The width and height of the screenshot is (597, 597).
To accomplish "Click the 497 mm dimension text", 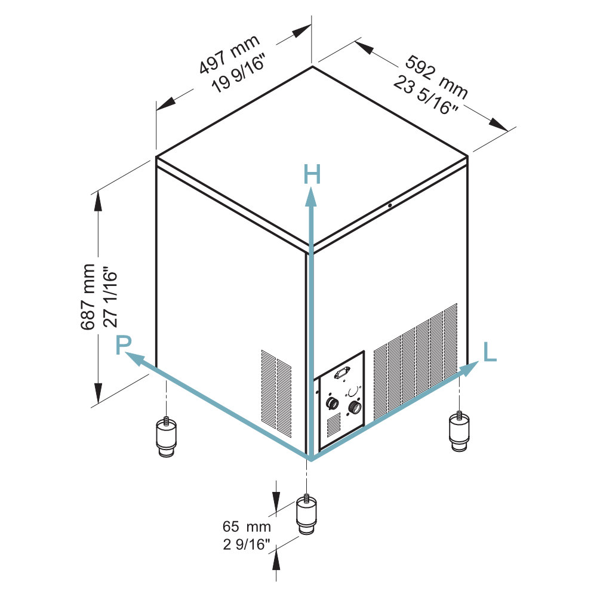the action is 230,54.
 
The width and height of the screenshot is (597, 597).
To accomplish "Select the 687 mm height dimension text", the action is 88,297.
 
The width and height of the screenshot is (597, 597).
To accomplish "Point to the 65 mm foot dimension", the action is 247,527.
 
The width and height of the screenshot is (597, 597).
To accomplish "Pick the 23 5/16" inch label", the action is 426,94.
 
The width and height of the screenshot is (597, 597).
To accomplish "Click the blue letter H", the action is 312,174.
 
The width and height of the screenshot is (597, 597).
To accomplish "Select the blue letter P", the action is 124,345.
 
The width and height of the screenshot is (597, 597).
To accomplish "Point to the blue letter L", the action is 490,352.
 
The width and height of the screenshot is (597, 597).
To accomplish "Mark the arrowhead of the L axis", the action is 469,368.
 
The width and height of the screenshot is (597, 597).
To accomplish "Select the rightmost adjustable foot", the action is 459,432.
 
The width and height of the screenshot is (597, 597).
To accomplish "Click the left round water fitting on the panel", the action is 333,403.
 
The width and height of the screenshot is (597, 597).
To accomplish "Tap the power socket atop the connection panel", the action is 342,372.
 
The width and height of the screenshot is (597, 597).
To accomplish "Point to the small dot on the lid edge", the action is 390,205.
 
